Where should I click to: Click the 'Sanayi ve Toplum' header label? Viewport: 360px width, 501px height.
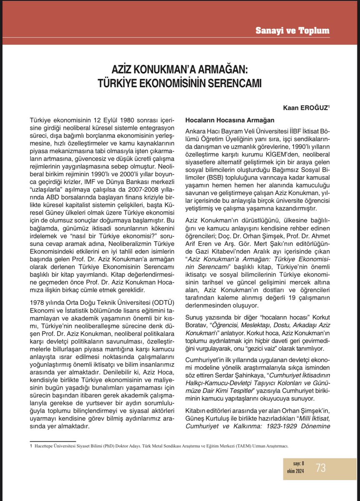pyautogui.click(x=298, y=31)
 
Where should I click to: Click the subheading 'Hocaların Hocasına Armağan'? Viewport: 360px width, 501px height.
pyautogui.click(x=229, y=120)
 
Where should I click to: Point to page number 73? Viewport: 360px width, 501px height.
pyautogui.click(x=321, y=468)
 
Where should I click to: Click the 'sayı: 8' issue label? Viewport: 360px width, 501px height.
pyautogui.click(x=295, y=463)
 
